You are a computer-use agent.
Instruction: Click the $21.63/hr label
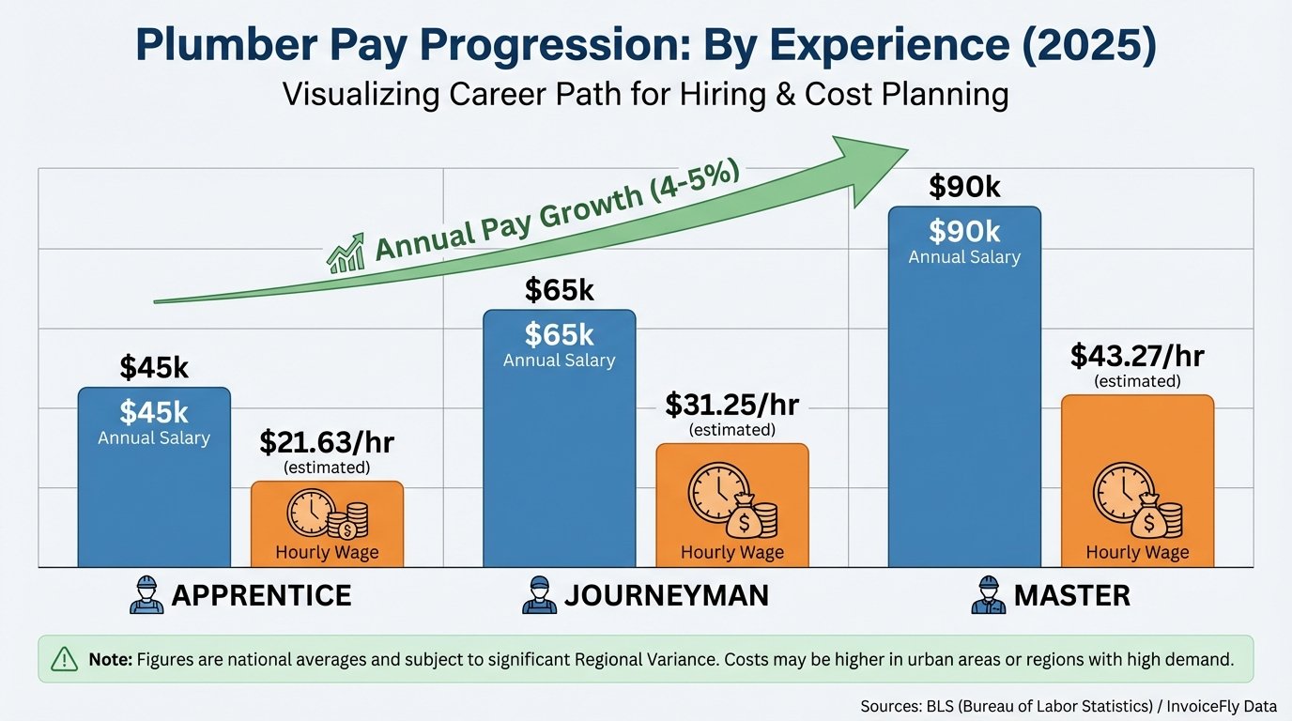(327, 441)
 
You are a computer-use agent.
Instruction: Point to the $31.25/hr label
(731, 405)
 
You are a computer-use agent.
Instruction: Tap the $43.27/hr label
(1137, 356)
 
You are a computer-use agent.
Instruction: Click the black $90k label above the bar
(964, 187)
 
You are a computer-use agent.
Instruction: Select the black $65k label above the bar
(559, 290)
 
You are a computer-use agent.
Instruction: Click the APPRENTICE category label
(261, 595)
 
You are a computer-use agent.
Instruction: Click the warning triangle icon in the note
(64, 659)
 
